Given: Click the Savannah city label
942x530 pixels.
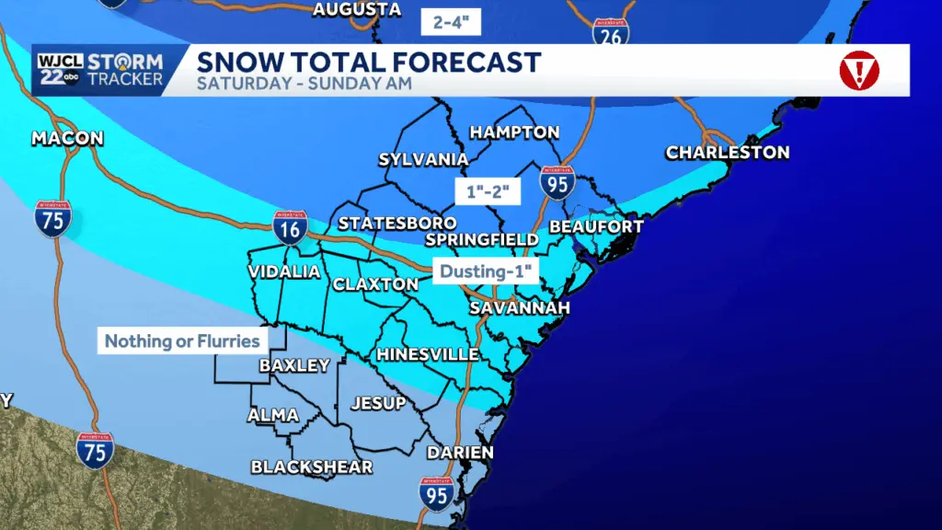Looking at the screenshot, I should pos(520,308).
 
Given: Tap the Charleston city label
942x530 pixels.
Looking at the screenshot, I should pos(727,152).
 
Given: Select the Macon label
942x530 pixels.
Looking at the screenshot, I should pos(67,139).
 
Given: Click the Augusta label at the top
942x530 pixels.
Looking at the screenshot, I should pos(357,10).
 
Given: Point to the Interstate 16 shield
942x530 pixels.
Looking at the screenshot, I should pos(290,227).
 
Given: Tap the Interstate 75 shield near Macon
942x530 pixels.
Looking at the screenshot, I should pos(53,219).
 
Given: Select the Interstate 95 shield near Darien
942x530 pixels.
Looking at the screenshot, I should pos(437,495).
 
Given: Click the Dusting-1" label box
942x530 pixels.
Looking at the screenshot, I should pos(486,272).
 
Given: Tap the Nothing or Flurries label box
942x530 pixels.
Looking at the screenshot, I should pos(181,341).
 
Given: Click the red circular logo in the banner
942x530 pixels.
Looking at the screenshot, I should pos(859,70).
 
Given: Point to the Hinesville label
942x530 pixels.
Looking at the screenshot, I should pos(427,354).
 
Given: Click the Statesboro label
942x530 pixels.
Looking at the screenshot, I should pos(397,224).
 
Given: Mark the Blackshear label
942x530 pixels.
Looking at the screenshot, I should pos(312,467).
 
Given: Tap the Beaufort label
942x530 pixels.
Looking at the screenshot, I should pos(595,226).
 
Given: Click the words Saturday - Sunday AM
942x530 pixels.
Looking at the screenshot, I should pos(304,85).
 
